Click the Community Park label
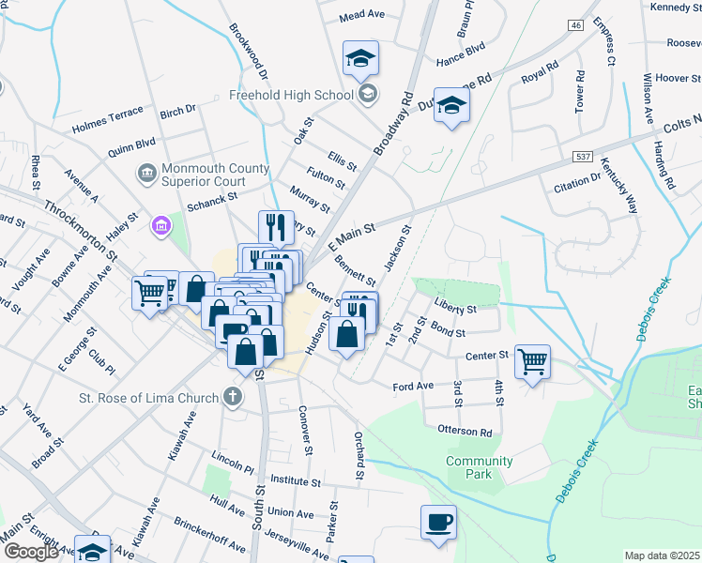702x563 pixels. coord(480,467)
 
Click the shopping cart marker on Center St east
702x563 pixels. coord(532,360)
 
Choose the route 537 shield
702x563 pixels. coord(582,153)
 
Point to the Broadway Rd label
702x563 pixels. coord(393,123)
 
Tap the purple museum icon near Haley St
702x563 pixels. coord(160,225)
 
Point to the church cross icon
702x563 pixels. coord(233,398)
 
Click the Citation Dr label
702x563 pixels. coord(577,182)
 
